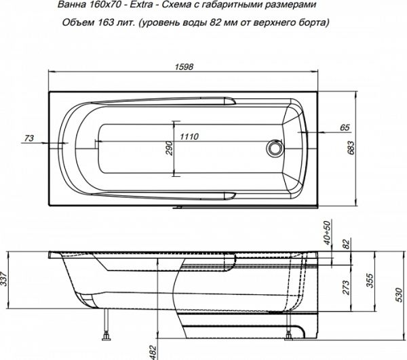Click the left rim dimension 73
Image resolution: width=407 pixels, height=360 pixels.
pyautogui.click(x=28, y=138)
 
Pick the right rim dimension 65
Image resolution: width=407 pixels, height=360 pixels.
pyautogui.click(x=344, y=127)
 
